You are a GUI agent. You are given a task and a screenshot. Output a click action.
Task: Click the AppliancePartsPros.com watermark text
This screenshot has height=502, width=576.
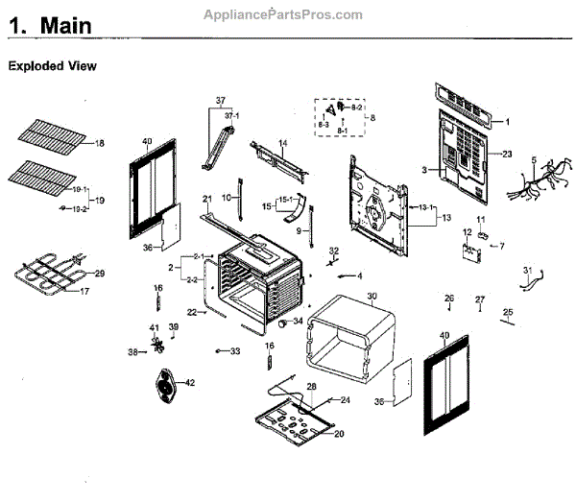[x=284, y=14]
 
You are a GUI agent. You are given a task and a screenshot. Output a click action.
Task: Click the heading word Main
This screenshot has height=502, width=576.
[x=66, y=27]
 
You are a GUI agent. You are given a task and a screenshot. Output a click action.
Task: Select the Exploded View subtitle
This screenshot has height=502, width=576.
[x=53, y=67]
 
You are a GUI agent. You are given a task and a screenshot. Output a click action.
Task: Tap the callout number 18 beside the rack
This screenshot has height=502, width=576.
[x=99, y=144]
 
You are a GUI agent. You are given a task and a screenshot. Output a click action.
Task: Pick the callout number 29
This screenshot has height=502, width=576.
[x=99, y=275]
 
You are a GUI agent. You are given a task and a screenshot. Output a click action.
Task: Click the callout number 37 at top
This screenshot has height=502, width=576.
[x=220, y=101]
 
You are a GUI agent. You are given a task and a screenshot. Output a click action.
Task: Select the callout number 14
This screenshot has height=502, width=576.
[x=283, y=143]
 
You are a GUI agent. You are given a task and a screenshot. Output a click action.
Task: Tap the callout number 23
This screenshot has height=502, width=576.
[x=508, y=154]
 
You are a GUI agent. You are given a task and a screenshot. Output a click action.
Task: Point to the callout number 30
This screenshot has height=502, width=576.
[x=372, y=296]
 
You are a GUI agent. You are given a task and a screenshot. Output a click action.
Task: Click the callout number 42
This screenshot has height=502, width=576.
[x=189, y=383]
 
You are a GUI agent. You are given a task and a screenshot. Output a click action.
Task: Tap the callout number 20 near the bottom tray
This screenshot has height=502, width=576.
[x=339, y=433]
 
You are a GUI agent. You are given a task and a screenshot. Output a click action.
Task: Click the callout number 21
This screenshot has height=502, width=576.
[x=206, y=199]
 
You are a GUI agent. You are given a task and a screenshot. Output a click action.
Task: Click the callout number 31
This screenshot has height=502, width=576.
[x=526, y=271]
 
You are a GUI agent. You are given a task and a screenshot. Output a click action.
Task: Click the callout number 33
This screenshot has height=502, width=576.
[x=235, y=352]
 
